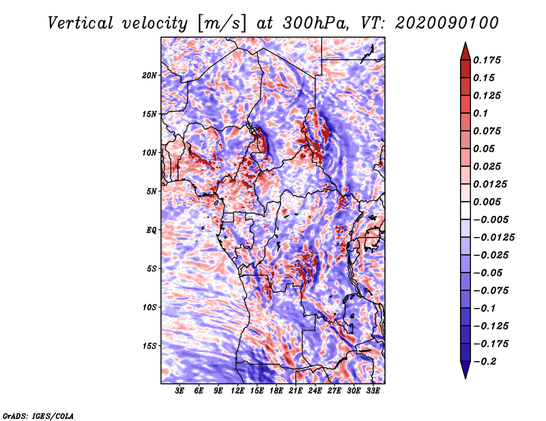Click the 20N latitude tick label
click(149, 75)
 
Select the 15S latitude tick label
click(149, 345)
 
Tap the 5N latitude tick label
click(152, 191)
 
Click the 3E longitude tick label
click(180, 392)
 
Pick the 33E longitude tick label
click(373, 392)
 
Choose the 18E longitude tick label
click(276, 392)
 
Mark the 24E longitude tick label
click(315, 392)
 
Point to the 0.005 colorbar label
click(489, 202)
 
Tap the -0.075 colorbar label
click(491, 290)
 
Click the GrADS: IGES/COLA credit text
click(38, 415)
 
